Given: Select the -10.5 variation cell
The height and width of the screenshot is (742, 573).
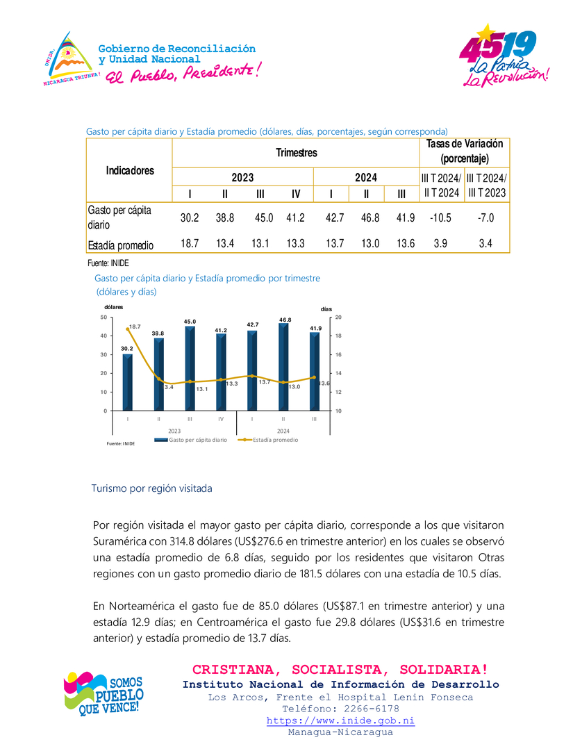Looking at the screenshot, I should pos(440,218).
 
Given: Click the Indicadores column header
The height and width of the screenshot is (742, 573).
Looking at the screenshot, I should pos(130,170).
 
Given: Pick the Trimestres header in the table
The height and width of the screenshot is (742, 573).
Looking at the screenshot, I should pos(296,153).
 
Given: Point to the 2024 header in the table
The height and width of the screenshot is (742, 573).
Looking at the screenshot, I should pos(366,178).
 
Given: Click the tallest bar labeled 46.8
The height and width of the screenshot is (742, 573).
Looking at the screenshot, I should pos(283,366).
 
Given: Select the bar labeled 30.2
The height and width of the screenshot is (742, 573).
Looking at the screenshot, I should pos(128,381).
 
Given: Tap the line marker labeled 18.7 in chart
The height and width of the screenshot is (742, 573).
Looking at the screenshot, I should pos(128,329).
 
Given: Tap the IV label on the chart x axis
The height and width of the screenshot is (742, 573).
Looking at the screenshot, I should pos(221,419).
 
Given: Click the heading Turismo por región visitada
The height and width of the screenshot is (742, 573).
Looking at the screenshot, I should pos(151,488).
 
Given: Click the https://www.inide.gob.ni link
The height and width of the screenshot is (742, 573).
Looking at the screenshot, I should pos(340,720).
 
